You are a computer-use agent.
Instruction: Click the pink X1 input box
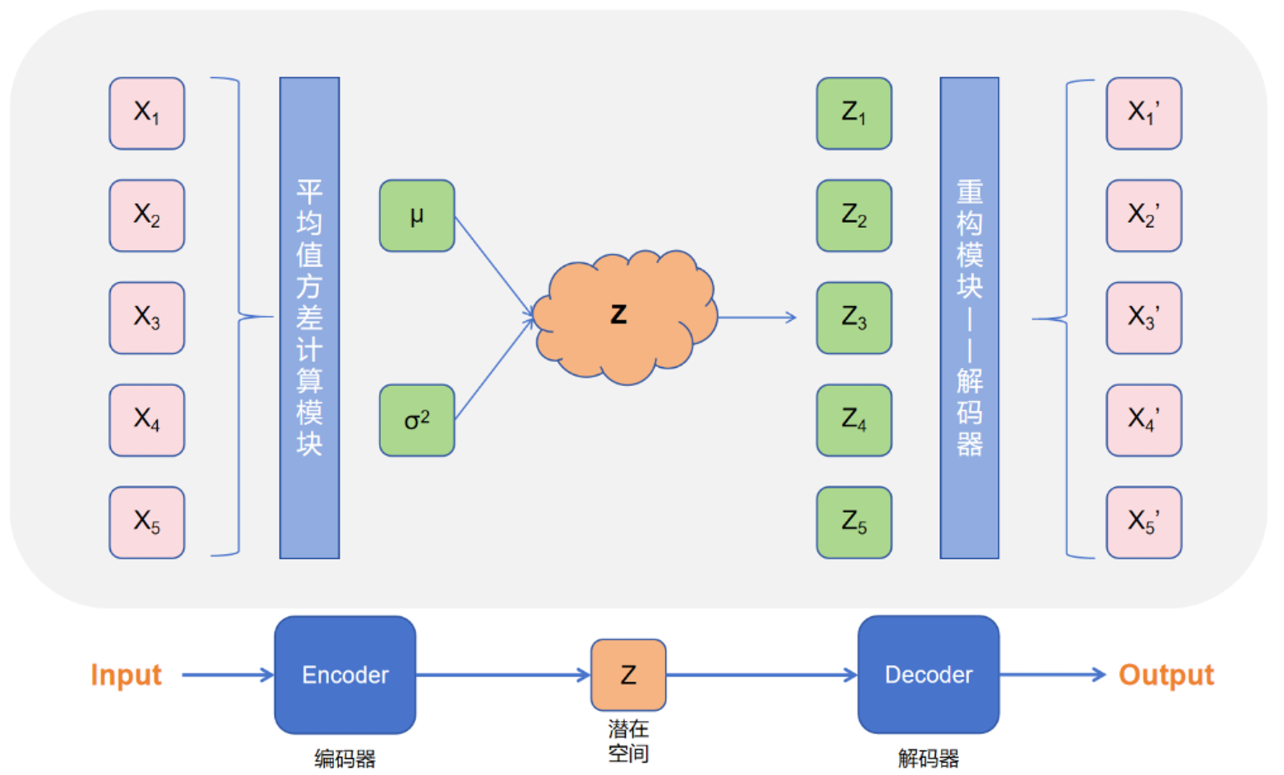click(147, 113)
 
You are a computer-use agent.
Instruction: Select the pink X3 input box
click(147, 317)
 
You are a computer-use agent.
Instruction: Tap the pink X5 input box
click(147, 522)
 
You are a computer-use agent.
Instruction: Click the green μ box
click(417, 216)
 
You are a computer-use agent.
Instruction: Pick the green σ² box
click(417, 420)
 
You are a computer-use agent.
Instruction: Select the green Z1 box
click(854, 113)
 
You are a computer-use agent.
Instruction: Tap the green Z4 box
click(854, 420)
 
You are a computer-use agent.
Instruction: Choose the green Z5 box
click(854, 522)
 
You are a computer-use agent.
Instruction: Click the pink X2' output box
click(1144, 216)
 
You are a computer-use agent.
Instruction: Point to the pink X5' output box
click(1144, 522)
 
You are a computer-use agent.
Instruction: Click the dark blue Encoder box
click(345, 675)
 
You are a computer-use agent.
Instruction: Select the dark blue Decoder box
click(928, 675)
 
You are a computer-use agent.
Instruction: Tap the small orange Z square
click(628, 675)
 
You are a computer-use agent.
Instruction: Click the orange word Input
click(126, 675)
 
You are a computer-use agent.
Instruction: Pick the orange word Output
click(1166, 675)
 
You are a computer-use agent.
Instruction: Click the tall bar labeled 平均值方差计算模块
click(309, 317)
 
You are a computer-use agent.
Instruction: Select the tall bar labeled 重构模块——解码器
click(969, 317)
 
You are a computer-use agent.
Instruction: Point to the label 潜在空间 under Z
click(628, 741)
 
